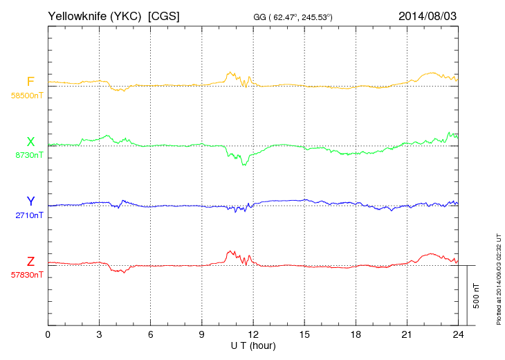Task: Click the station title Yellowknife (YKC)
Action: pyautogui.click(x=95, y=15)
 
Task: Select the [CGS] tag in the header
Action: pyautogui.click(x=164, y=15)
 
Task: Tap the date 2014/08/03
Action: pyautogui.click(x=428, y=15)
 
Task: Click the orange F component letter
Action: pyautogui.click(x=30, y=82)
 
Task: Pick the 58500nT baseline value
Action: pyautogui.click(x=26, y=96)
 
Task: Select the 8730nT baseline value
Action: pyautogui.click(x=28, y=156)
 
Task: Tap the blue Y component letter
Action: pyautogui.click(x=30, y=201)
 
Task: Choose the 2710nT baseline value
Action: pyautogui.click(x=28, y=215)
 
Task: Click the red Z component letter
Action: pyautogui.click(x=30, y=262)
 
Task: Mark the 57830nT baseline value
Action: pyautogui.click(x=26, y=275)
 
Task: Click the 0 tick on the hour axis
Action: pyautogui.click(x=48, y=334)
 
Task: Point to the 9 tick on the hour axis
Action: pyautogui.click(x=202, y=334)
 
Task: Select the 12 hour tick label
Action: pyautogui.click(x=253, y=334)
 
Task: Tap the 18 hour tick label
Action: pyautogui.click(x=356, y=334)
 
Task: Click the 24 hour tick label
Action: pyautogui.click(x=458, y=334)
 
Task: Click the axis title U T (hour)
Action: pyautogui.click(x=253, y=345)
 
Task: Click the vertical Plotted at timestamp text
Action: pyautogui.click(x=498, y=277)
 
